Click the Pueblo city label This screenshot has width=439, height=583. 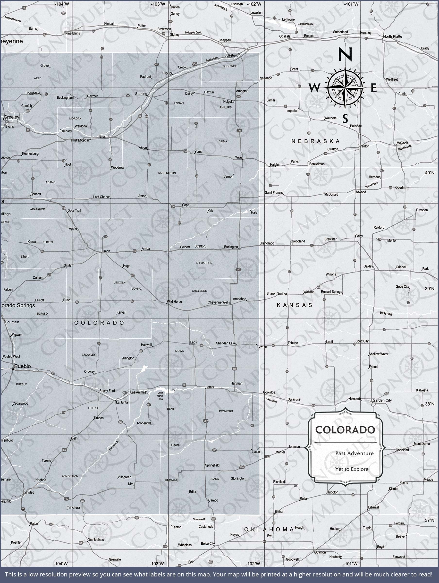(x=22, y=366)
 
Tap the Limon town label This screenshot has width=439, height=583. (x=106, y=251)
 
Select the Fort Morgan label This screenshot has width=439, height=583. (x=80, y=140)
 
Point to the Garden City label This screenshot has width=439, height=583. (x=382, y=400)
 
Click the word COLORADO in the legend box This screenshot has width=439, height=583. (x=345, y=430)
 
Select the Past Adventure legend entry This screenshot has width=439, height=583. (x=355, y=453)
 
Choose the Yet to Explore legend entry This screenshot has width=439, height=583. (x=352, y=469)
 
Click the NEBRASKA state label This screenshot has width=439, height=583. (x=315, y=141)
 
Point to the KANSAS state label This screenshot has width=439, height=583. (x=295, y=305)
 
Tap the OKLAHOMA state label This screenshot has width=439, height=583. (x=269, y=529)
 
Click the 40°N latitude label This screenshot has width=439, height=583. (x=429, y=173)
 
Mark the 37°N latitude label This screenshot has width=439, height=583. (x=429, y=520)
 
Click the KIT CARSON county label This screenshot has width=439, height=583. (x=204, y=263)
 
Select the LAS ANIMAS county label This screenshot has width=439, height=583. (x=70, y=476)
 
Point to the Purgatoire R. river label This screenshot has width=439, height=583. (x=114, y=446)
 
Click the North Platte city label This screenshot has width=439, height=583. (x=392, y=36)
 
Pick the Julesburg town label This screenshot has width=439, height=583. (x=231, y=55)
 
